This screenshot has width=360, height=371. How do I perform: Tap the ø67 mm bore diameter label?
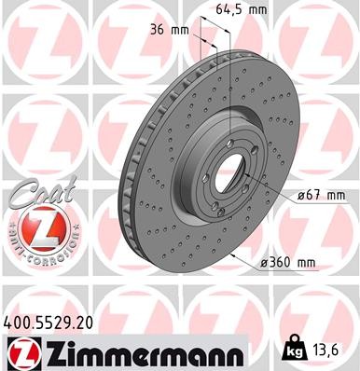point(323,194)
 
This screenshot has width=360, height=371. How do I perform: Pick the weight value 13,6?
point(329,350)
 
